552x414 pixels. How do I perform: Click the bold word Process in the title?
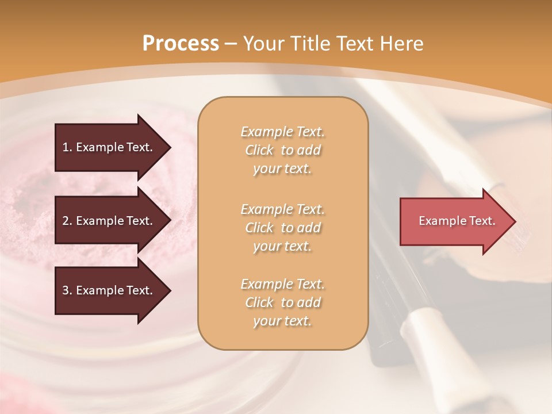coord(181,44)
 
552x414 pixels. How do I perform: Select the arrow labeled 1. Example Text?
coord(109,147)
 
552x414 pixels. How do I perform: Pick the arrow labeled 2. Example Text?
coord(109,221)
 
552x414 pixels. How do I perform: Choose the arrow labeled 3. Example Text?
coord(109,290)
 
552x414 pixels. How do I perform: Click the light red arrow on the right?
coord(454,221)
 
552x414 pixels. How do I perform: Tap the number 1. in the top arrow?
coord(67,147)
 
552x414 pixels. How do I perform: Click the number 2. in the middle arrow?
coord(67,221)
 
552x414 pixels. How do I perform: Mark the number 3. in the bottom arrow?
coord(67,290)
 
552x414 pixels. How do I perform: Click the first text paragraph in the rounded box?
coord(282,150)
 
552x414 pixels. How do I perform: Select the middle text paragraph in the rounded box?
coord(282,228)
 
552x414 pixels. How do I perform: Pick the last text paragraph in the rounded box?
coord(282,302)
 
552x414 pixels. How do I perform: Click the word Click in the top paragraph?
coord(259,150)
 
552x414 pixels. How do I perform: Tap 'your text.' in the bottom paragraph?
coord(282,321)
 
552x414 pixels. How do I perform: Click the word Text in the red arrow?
coord(482,221)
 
